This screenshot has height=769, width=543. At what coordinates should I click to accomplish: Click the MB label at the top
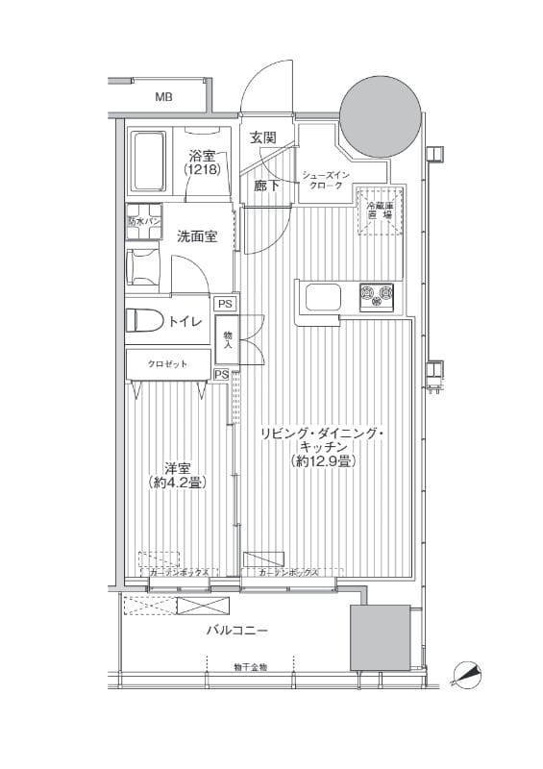[164, 97]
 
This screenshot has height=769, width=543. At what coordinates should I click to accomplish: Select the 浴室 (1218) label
[203, 161]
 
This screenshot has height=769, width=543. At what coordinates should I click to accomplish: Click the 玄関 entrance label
[263, 138]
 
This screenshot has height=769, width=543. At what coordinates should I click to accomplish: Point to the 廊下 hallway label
[266, 186]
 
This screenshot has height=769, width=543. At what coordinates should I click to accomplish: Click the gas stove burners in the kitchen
[377, 296]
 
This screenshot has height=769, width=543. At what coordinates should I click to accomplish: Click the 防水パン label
[144, 220]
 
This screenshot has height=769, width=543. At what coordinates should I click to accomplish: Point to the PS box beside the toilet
[224, 304]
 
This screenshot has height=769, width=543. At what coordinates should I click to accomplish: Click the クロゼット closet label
[167, 364]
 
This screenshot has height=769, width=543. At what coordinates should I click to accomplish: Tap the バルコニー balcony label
[236, 631]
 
